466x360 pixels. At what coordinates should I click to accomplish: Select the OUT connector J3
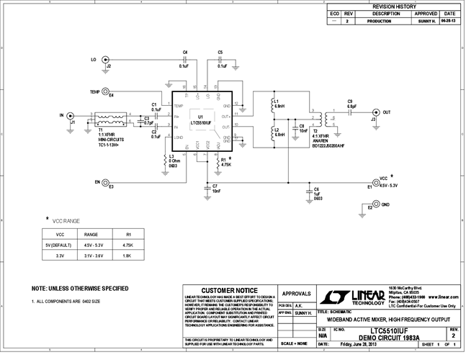[x=375, y=112]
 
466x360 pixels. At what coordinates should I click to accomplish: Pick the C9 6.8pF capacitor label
[x=350, y=104]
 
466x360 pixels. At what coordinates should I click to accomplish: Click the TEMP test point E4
[x=105, y=92]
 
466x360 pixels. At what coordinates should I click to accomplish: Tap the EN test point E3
[x=105, y=182]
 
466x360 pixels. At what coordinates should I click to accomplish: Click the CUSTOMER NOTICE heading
[x=229, y=289]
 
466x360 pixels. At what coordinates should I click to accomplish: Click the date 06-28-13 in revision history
[x=449, y=22]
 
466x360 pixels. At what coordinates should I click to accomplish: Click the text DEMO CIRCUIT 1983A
[x=394, y=336]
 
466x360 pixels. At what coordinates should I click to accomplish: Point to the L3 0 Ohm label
[x=173, y=160]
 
